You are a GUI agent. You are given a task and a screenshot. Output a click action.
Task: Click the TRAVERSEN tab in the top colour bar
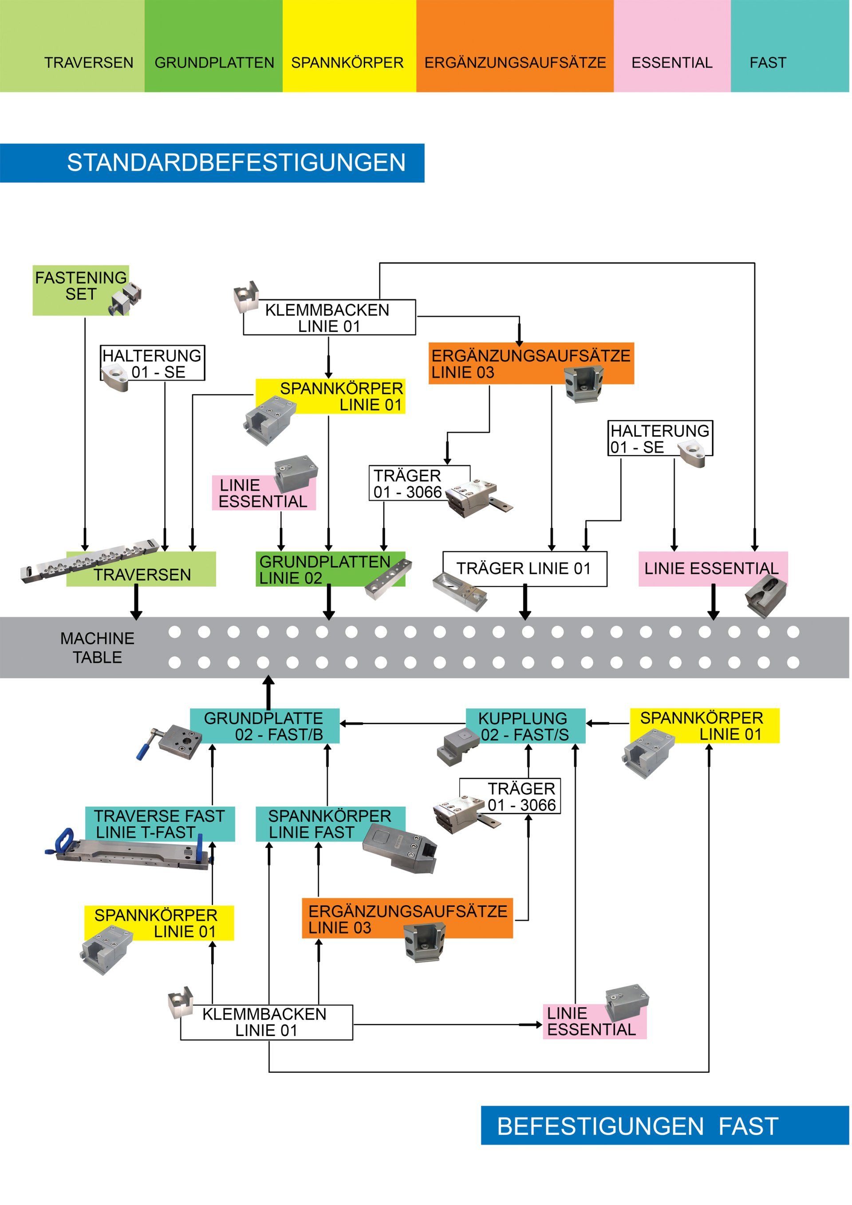pos(72,46)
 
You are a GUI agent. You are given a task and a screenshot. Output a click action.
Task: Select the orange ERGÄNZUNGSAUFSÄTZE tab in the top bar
pos(515,46)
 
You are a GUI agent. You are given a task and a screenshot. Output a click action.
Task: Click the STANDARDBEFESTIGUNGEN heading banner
pos(212,163)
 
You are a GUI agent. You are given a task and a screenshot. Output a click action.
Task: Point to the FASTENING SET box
pos(81,290)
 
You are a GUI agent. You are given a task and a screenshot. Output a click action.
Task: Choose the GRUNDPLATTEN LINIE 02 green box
pos(330,569)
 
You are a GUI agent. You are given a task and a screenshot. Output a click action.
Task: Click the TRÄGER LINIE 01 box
pos(525,569)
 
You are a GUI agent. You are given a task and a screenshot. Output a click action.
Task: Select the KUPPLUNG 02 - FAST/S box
pos(525,726)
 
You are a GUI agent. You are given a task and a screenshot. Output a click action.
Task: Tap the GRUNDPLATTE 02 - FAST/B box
pos(264,726)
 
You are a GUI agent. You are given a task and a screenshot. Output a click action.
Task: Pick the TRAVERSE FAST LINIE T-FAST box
pos(160,824)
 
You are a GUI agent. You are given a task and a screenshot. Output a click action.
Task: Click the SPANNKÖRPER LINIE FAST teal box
pos(330,824)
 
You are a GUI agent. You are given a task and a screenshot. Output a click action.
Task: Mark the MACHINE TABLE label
pos(98,648)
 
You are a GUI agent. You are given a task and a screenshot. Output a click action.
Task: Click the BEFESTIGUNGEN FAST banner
pos(665,1125)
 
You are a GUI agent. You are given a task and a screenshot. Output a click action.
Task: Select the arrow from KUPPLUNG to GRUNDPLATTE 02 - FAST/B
pos(402,724)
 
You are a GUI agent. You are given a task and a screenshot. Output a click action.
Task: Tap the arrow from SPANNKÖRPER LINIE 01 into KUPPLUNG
pos(608,723)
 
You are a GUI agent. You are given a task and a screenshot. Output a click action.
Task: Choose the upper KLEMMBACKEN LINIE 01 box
pos(329,318)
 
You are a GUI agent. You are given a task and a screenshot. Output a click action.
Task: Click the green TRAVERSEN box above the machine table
pos(141,569)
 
